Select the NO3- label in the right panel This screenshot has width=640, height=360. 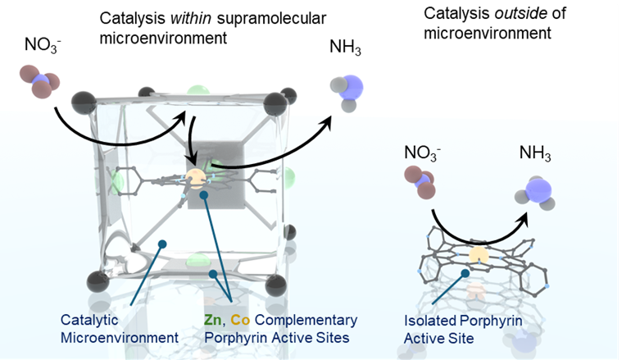click(x=423, y=153)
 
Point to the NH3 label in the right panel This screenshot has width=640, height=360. click(x=533, y=153)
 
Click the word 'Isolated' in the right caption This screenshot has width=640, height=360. click(x=429, y=321)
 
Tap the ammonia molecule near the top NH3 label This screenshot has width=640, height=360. click(x=346, y=89)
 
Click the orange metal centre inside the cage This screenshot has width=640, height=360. click(x=195, y=178)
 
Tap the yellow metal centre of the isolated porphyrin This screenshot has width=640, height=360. click(x=477, y=257)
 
